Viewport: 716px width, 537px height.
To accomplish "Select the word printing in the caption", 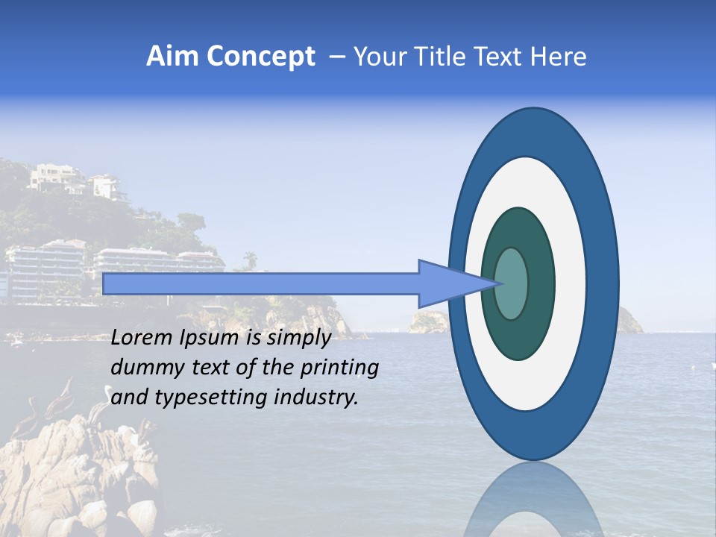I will point(340,368).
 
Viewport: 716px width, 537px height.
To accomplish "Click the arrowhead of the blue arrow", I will point(447,283).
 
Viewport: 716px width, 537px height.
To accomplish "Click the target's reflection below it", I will point(533,500).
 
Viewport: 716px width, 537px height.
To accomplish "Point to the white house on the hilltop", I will point(56,176).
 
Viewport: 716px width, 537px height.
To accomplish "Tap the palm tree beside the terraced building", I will point(251,259).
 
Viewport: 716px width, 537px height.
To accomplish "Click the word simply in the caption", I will point(298,338).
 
